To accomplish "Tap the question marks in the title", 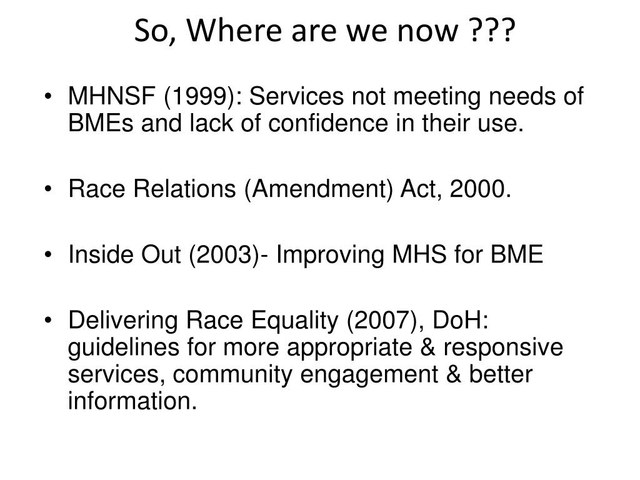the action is pos(492,30).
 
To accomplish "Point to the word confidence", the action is pos(327,123).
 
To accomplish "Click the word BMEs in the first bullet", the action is pos(101,123).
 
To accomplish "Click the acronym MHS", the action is pos(419,254).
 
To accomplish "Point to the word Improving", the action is pos(330,256).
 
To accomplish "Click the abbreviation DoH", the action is pos(460,320).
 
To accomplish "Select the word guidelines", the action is pos(124,348).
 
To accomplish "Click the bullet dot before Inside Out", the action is pos(49,255).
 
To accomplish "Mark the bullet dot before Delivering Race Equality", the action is pos(49,321).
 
